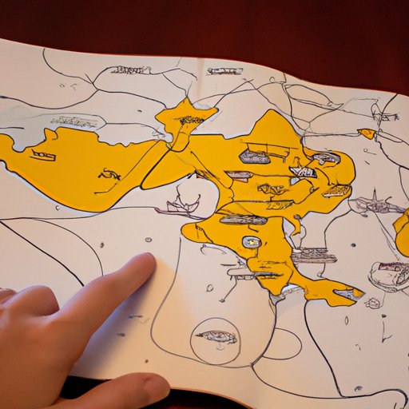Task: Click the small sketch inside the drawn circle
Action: (x=216, y=336)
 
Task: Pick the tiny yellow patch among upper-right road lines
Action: (x=367, y=133)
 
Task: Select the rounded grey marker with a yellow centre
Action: (x=251, y=241)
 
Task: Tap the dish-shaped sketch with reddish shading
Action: (x=389, y=276)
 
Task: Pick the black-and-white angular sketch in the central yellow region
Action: (x=303, y=171)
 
